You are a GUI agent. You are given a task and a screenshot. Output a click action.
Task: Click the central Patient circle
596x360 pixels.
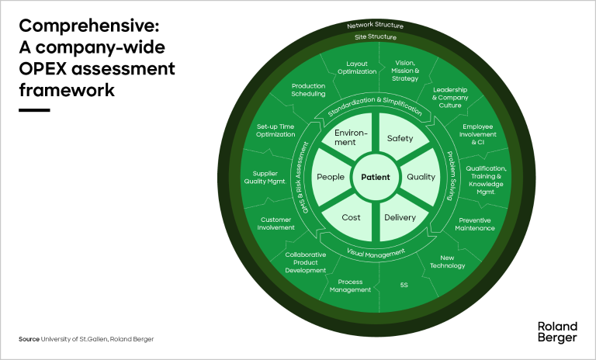[376, 178]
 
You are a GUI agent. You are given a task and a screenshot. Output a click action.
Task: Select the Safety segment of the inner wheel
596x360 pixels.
[400, 139]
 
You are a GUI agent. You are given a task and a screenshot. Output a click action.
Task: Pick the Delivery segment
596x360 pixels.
[400, 217]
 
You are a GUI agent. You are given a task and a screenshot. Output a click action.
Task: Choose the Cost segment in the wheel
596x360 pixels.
[351, 217]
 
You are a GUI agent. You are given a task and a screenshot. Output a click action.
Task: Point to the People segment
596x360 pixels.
[330, 177]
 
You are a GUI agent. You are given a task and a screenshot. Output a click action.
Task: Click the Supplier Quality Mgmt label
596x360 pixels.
[270, 178]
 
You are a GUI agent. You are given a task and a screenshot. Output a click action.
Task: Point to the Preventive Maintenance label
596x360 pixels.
[474, 223]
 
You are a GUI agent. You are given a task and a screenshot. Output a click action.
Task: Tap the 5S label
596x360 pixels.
[404, 285]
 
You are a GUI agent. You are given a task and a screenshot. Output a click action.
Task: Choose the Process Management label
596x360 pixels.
[351, 286]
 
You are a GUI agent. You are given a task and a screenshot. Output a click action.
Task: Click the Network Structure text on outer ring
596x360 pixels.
[376, 26]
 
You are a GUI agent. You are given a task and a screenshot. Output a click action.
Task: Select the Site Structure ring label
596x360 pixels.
[376, 36]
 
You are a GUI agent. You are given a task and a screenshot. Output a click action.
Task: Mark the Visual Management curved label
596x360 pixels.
[376, 253]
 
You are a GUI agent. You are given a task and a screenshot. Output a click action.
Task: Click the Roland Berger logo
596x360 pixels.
[556, 331]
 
